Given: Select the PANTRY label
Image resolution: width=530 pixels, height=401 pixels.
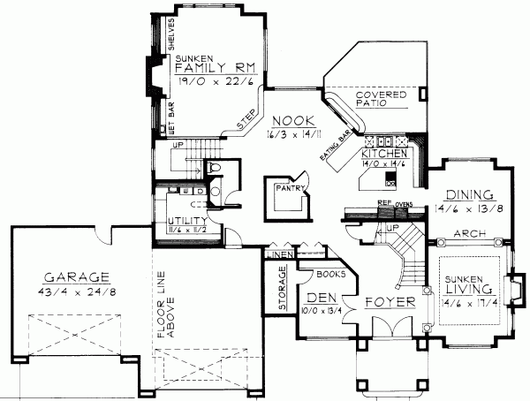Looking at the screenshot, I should click(290, 188).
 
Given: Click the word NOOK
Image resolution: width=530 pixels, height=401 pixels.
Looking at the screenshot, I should click(292, 121).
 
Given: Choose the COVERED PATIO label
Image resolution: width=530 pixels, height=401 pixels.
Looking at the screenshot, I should click(380, 99).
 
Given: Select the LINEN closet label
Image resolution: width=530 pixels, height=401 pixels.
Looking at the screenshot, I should click(279, 254).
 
